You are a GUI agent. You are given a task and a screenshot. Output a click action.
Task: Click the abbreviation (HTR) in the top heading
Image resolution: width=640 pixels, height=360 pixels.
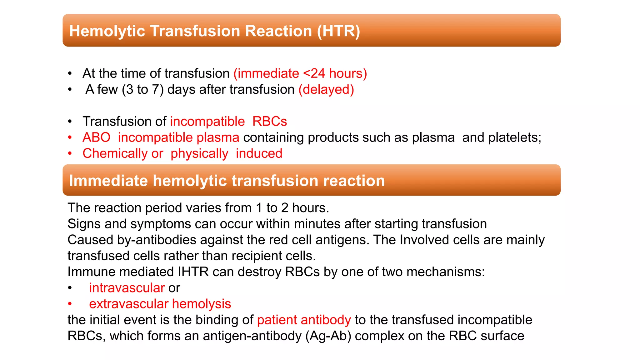coord(338,31)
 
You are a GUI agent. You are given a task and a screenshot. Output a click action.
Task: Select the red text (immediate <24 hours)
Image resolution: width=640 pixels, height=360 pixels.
coord(300,74)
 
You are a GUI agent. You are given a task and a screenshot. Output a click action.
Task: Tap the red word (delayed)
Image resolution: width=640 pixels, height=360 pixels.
coord(326,90)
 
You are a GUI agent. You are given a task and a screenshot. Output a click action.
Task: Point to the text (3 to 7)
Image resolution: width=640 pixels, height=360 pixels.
coord(142,90)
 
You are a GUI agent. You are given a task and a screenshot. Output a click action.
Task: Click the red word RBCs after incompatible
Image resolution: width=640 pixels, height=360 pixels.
coord(269,122)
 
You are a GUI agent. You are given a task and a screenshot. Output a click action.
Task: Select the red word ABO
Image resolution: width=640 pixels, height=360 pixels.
coord(96,137)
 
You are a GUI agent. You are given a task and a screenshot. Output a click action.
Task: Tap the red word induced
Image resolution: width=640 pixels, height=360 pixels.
coord(259,154)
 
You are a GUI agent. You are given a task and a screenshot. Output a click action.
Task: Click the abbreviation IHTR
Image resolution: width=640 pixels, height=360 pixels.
coord(193,272)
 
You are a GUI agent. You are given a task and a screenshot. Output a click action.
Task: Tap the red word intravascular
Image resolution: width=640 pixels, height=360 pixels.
coord(127,288)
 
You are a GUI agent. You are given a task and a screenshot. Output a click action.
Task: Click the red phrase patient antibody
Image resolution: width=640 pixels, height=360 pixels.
coord(304,320)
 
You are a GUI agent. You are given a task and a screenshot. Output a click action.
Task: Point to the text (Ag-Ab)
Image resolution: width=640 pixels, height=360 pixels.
coord(328,336)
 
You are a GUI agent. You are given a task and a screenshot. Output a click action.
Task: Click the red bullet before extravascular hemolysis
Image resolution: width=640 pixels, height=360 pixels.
coord(70,304)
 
